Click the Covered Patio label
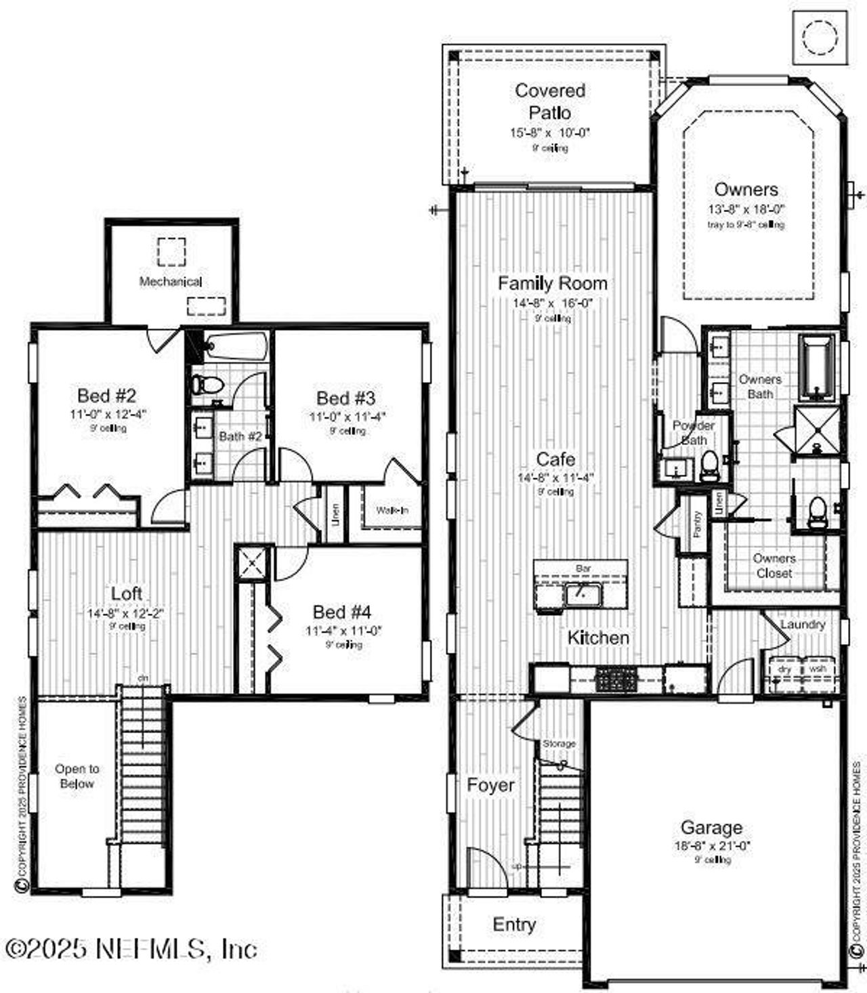pyautogui.click(x=550, y=102)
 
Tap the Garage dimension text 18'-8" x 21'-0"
pyautogui.click(x=712, y=846)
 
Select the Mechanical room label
pyautogui.click(x=171, y=282)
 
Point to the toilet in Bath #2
pyautogui.click(x=207, y=385)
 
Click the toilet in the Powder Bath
pyautogui.click(x=709, y=465)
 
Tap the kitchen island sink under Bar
pyautogui.click(x=582, y=595)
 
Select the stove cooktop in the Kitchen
pyautogui.click(x=616, y=679)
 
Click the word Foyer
pyautogui.click(x=491, y=786)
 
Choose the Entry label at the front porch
pyautogui.click(x=514, y=925)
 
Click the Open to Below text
pyautogui.click(x=77, y=776)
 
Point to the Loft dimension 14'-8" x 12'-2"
pyautogui.click(x=126, y=614)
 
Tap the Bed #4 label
pyautogui.click(x=342, y=612)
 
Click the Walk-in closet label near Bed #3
pyautogui.click(x=392, y=510)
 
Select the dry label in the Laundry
pyautogui.click(x=784, y=669)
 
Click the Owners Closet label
pyautogui.click(x=774, y=566)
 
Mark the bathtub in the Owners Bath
pyautogui.click(x=818, y=368)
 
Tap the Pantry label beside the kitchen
pyautogui.click(x=697, y=524)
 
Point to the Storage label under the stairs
pyautogui.click(x=559, y=744)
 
